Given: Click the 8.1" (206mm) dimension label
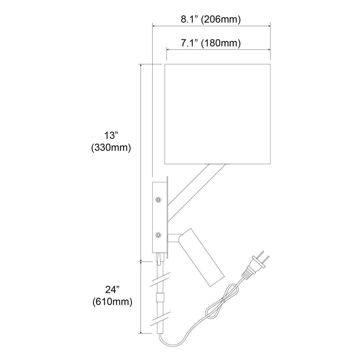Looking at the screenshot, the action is (x=211, y=19).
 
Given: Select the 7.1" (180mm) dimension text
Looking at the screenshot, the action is (x=211, y=43).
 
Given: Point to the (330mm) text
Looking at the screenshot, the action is (x=111, y=148).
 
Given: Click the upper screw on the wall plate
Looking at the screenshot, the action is (x=158, y=200).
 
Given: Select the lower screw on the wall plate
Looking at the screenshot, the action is (x=158, y=235).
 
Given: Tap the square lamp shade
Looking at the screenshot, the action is (x=217, y=114).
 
